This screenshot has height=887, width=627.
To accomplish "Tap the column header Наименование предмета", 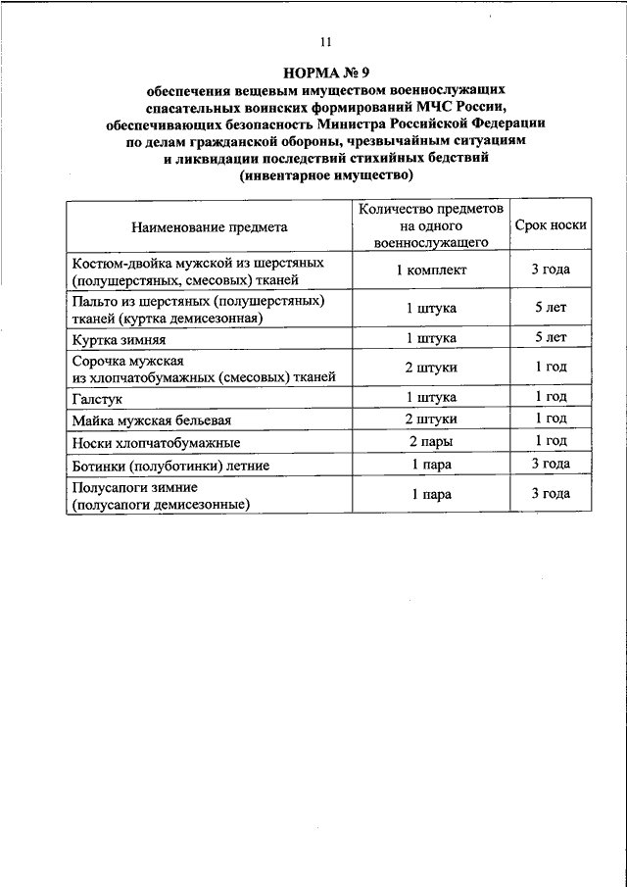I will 208,226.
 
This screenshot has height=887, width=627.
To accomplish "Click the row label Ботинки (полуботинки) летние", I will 170,465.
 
